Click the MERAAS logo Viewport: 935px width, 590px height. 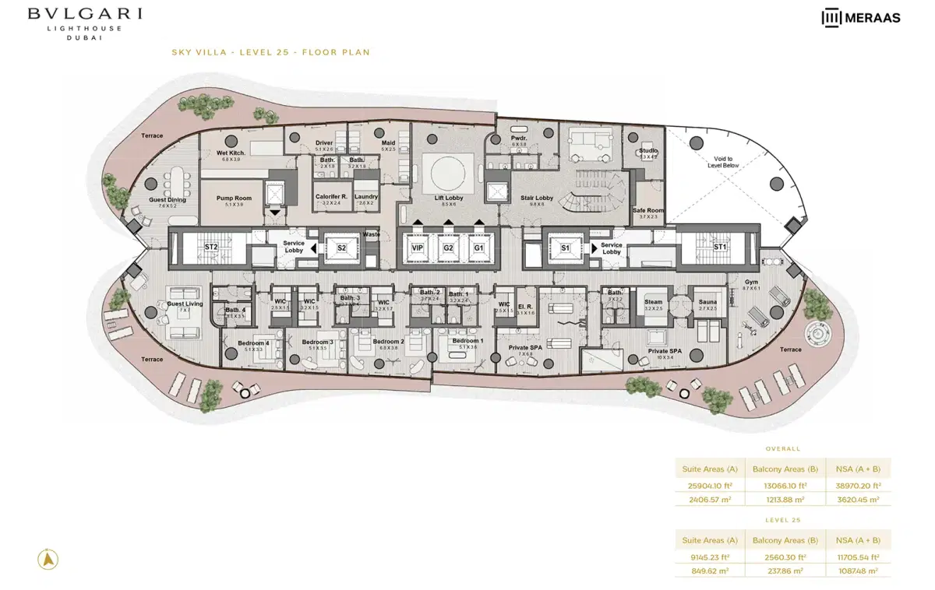point(861,17)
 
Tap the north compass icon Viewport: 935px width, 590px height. point(48,558)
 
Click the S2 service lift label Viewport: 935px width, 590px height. point(340,248)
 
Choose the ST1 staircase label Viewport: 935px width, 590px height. point(720,248)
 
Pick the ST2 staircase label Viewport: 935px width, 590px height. point(211,248)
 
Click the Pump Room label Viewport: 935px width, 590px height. point(234,198)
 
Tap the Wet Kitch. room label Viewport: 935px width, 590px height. point(231,153)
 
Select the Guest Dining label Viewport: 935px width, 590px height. point(168,200)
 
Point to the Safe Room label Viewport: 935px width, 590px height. point(648,211)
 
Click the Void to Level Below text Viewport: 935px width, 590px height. point(724,162)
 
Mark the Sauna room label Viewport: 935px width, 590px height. point(707,302)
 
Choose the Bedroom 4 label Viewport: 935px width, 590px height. point(253,343)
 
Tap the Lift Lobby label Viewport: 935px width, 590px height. point(449,198)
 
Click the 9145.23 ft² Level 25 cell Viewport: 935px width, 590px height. point(709,557)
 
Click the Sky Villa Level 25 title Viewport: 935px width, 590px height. point(270,53)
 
